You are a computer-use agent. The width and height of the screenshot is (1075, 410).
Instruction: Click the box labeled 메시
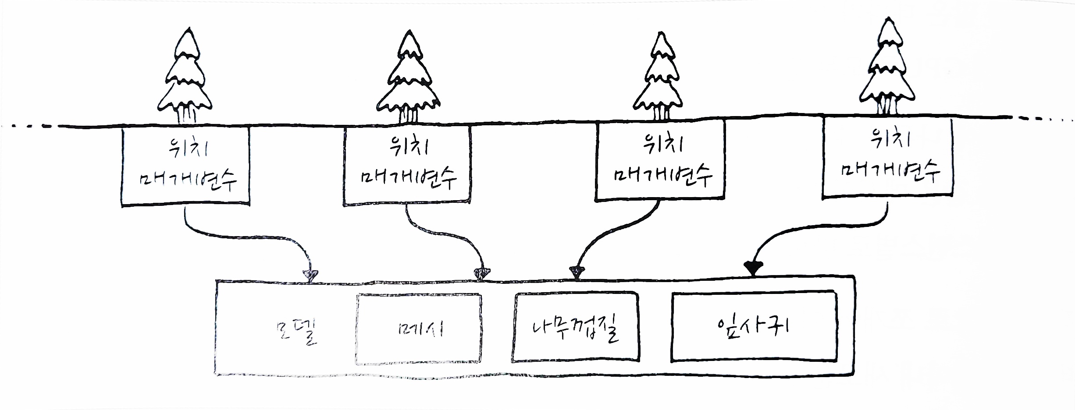418,329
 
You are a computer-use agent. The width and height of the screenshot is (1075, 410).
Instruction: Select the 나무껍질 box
575,328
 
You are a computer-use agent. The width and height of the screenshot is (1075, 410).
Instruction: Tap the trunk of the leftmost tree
186,116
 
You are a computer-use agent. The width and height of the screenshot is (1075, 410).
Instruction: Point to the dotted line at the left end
26,127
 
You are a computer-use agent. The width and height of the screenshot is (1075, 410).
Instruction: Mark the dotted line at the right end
1048,117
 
